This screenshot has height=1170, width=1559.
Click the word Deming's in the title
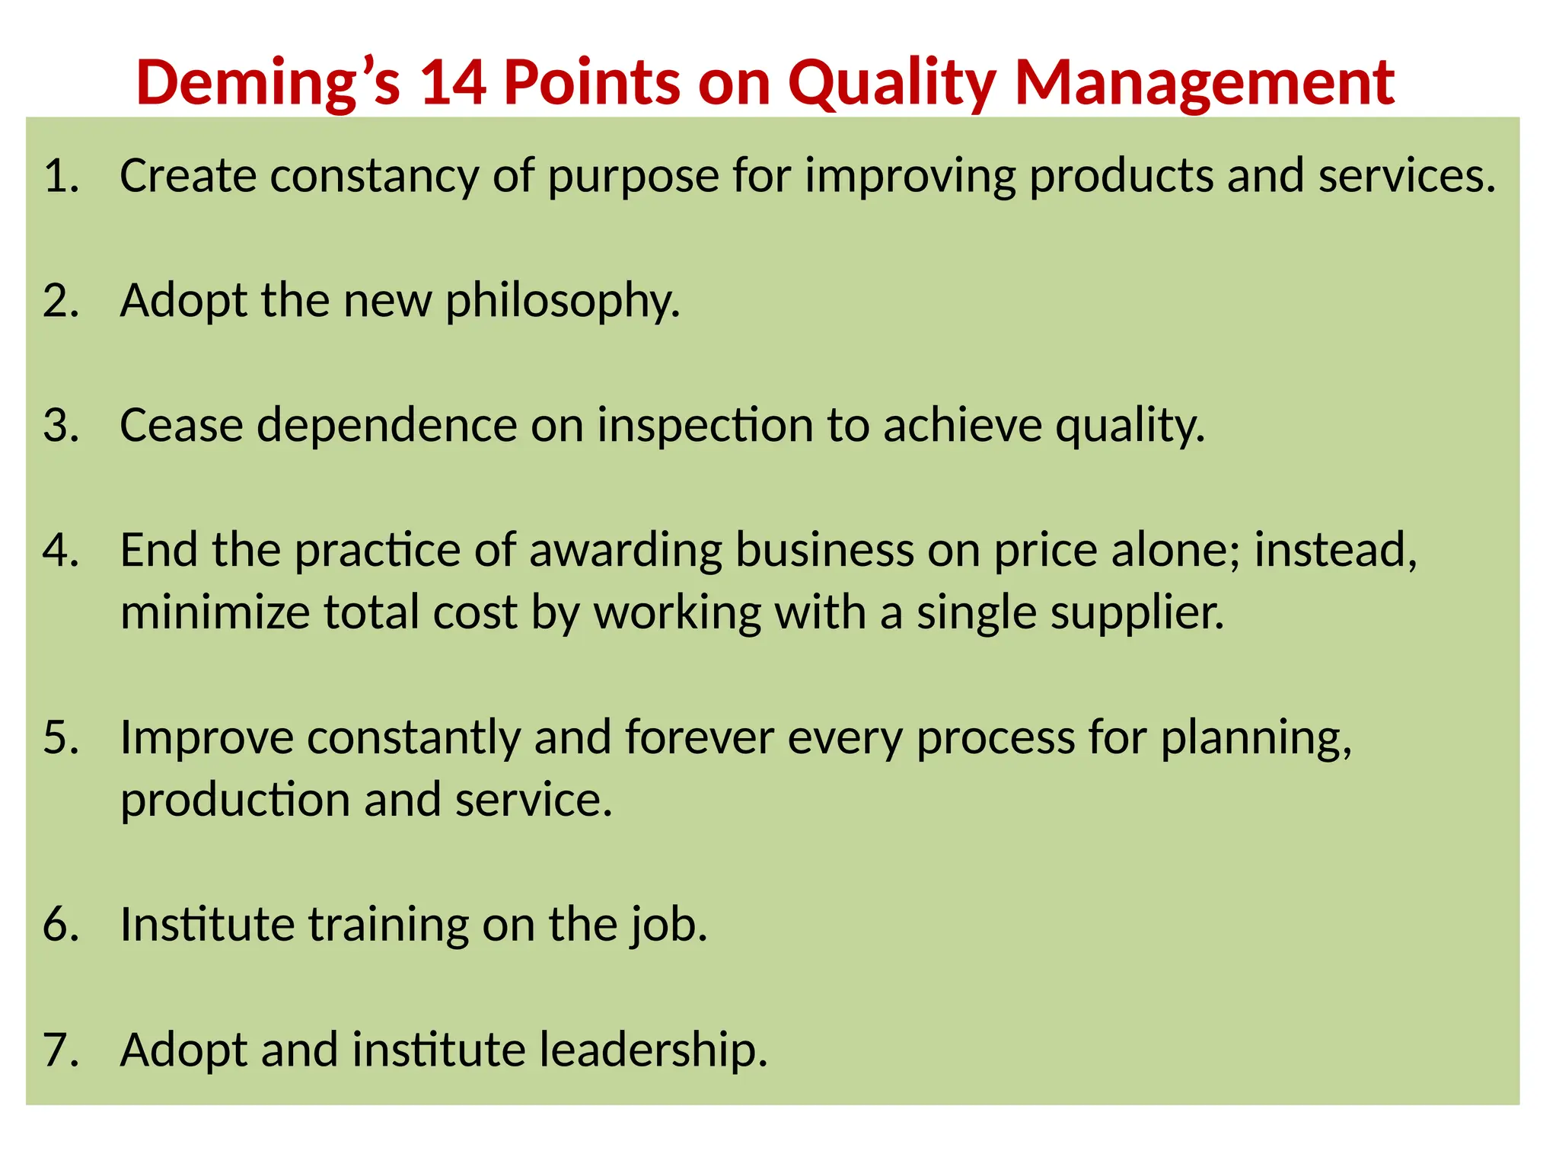click(x=268, y=82)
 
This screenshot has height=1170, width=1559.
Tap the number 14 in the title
click(x=453, y=82)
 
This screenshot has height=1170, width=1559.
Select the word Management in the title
click(x=1204, y=82)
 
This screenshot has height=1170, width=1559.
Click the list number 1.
click(x=61, y=176)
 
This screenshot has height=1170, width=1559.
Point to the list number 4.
click(x=61, y=550)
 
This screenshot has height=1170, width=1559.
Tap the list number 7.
click(x=61, y=1049)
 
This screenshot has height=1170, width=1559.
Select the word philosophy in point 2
click(x=563, y=302)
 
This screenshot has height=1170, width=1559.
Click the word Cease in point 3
click(x=181, y=425)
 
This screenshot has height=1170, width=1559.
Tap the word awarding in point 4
click(x=625, y=551)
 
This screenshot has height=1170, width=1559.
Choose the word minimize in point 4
click(x=215, y=613)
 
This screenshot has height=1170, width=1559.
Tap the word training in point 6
click(x=388, y=925)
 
